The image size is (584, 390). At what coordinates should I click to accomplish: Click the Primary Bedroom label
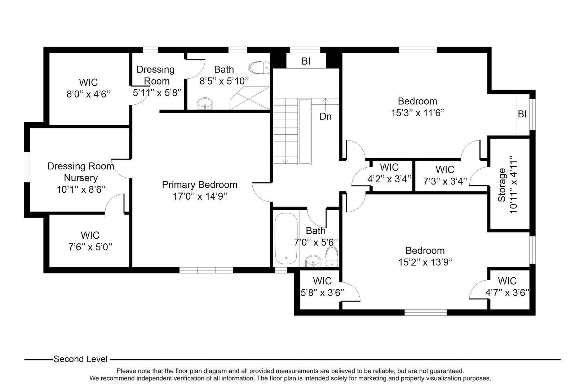pyautogui.click(x=199, y=185)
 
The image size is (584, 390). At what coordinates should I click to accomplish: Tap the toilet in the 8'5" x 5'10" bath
pyautogui.click(x=259, y=67)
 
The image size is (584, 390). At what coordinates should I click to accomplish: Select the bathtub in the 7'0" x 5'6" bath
pyautogui.click(x=286, y=239)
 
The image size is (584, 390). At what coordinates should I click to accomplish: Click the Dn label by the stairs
pyautogui.click(x=326, y=117)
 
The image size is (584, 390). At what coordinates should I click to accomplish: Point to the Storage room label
pyautogui.click(x=502, y=185)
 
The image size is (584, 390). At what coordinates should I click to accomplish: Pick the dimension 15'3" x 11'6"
pyautogui.click(x=417, y=113)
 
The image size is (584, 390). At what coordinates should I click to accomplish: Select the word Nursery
pyautogui.click(x=81, y=178)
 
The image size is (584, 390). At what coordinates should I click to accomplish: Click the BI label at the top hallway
pyautogui.click(x=306, y=61)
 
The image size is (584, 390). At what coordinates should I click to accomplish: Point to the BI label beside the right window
pyautogui.click(x=522, y=114)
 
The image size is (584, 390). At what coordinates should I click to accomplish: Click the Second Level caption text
pyautogui.click(x=80, y=359)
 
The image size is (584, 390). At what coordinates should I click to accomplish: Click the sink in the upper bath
pyautogui.click(x=205, y=104)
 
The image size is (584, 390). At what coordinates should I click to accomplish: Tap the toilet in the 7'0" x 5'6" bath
pyautogui.click(x=331, y=256)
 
